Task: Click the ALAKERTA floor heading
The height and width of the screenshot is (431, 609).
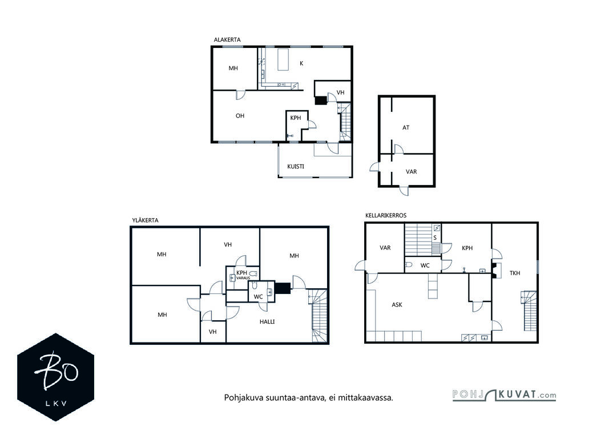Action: pyautogui.click(x=227, y=39)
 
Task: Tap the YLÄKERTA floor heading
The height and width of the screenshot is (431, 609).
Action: pyautogui.click(x=146, y=220)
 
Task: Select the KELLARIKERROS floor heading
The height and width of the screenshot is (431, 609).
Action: pyautogui.click(x=386, y=216)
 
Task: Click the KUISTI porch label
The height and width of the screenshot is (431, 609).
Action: pyautogui.click(x=296, y=167)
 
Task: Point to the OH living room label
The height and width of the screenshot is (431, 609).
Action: pyautogui.click(x=240, y=116)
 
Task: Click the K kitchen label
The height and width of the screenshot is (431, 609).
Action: pyautogui.click(x=301, y=63)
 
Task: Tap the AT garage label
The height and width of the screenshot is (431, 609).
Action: pyautogui.click(x=406, y=127)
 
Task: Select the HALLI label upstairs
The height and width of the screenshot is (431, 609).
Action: pyautogui.click(x=267, y=321)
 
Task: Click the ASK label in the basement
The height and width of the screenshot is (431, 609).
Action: pyautogui.click(x=397, y=305)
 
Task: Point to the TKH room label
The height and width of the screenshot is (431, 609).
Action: pyautogui.click(x=515, y=273)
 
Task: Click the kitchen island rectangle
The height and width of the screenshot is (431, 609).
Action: pyautogui.click(x=284, y=59)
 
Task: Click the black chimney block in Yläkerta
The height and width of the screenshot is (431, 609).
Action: pyautogui.click(x=283, y=288)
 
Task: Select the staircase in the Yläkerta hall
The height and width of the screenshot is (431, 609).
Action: pyautogui.click(x=320, y=315)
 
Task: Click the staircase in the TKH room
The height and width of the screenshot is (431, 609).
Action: pyautogui.click(x=529, y=310)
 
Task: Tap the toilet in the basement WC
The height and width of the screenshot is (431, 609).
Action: pyautogui.click(x=409, y=265)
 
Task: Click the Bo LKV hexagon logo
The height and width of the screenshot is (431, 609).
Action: pyautogui.click(x=55, y=377)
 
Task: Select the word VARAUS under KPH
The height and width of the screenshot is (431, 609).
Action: pyautogui.click(x=243, y=278)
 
